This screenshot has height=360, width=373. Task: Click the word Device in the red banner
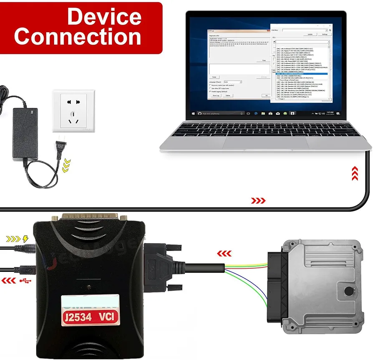pyautogui.click(x=104, y=17)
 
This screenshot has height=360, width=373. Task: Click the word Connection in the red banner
pyautogui.click(x=78, y=36)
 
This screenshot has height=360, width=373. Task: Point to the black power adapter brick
pyautogui.click(x=25, y=133)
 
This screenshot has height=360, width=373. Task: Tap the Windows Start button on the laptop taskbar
pyautogui.click(x=193, y=113)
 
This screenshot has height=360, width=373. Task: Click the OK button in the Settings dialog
pyautogui.click(x=266, y=96)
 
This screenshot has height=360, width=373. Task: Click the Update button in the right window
pyautogui.click(x=310, y=34)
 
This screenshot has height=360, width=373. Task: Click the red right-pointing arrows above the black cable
pyautogui.click(x=258, y=201)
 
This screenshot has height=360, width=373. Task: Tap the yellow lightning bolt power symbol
pyautogui.click(x=26, y=239)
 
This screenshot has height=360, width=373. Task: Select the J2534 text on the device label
pyautogui.click(x=76, y=317)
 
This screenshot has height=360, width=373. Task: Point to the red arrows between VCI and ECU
pyautogui.click(x=225, y=253)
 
